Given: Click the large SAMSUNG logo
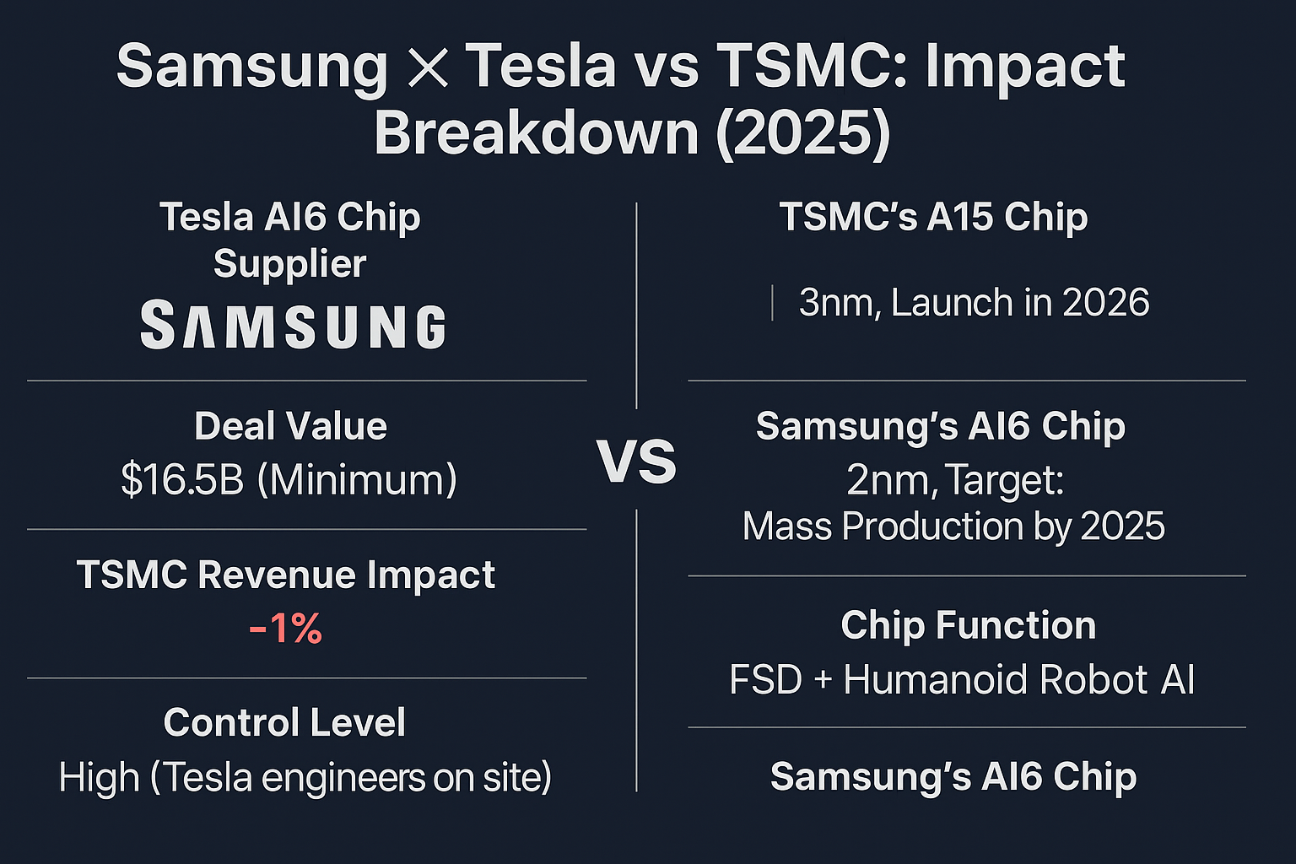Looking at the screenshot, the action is coord(294,325).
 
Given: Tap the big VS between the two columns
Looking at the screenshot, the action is coord(636,462).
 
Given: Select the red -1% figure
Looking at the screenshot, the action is coord(285,629).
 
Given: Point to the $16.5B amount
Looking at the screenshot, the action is coord(182,480).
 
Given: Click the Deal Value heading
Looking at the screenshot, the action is coord(290,426).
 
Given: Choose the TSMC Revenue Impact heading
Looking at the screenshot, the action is coord(286,575).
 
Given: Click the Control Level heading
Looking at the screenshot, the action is coord(284,722).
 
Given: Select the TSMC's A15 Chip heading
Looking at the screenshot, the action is coord(934,217).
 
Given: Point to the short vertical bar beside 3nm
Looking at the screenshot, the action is coord(772,303).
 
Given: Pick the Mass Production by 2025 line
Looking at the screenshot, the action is coord(953,526).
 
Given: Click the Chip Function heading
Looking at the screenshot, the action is coord(968,625).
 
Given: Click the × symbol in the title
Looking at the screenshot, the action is coord(428,67).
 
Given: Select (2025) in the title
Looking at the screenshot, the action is coord(803,132).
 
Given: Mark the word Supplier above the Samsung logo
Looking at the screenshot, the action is coord(290,264).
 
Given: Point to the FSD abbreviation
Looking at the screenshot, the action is coord(765,679).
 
